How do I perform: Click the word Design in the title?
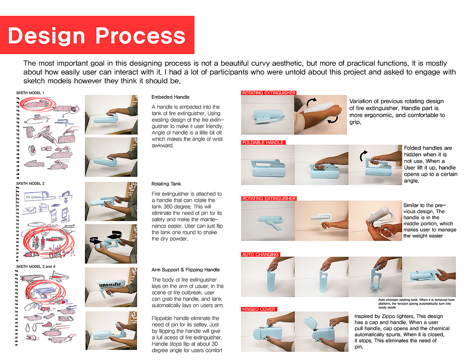tap(46, 36)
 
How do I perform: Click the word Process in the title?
tap(140, 36)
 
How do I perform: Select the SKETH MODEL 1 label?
tap(30, 93)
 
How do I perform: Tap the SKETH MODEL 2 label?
tap(30, 183)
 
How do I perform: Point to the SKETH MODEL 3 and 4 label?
tap(36, 267)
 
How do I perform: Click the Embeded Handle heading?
tap(170, 97)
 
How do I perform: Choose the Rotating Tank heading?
tap(166, 184)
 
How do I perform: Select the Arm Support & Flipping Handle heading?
tap(185, 270)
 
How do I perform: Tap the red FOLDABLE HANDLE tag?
tap(263, 142)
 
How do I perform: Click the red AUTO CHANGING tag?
tap(260, 255)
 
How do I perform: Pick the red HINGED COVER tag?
tap(258, 309)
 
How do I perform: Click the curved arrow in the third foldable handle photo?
tap(363, 156)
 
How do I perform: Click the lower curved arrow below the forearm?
tap(332, 120)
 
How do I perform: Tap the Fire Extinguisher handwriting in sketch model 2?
tap(34, 197)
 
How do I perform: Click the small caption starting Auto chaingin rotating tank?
tap(416, 304)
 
